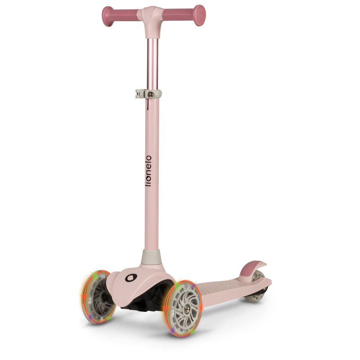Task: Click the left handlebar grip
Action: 120,16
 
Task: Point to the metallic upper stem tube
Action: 153,64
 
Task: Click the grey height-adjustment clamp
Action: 148,94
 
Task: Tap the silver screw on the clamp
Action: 151,94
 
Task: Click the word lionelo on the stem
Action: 148,171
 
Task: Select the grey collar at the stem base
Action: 151,256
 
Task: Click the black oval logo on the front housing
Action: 131,278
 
